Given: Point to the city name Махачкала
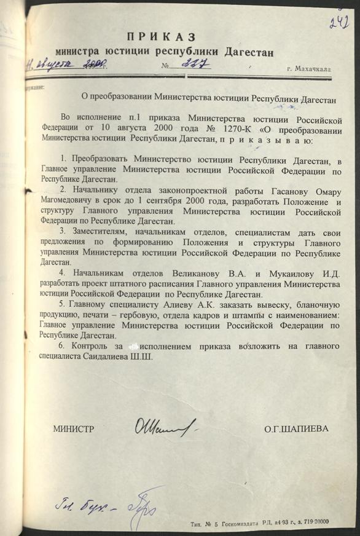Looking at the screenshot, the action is tap(310, 69).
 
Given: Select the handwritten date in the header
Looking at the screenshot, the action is tap(64, 63).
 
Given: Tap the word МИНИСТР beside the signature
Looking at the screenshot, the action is tap(73, 428).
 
